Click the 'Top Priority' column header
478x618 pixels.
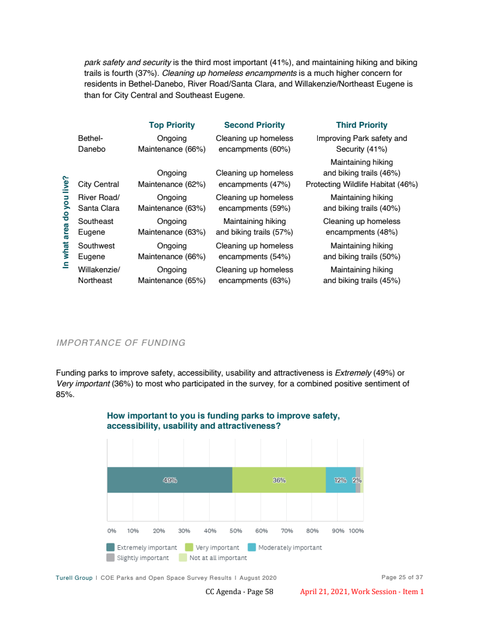(x=171, y=125)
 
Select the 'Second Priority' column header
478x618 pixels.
(x=254, y=125)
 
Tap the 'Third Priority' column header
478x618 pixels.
(x=361, y=125)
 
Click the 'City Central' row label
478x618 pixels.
(x=99, y=185)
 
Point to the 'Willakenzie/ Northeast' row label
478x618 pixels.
(x=99, y=275)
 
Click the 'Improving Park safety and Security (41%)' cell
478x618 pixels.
(x=361, y=143)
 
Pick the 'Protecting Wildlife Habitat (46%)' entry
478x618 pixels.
(x=361, y=185)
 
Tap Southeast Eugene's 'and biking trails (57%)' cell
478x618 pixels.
(x=255, y=232)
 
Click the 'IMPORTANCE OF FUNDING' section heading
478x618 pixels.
(x=121, y=343)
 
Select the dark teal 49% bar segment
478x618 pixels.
(x=170, y=480)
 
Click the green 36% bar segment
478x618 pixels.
(x=279, y=480)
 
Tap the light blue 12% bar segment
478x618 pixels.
(x=341, y=480)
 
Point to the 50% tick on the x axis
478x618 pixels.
(x=235, y=530)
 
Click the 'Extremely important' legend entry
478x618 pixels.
(x=142, y=548)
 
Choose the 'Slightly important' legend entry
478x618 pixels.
(x=137, y=558)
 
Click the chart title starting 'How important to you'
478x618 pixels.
(x=223, y=420)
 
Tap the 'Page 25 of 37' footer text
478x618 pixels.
(x=402, y=577)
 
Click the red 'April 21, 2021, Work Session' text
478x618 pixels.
(x=361, y=592)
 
